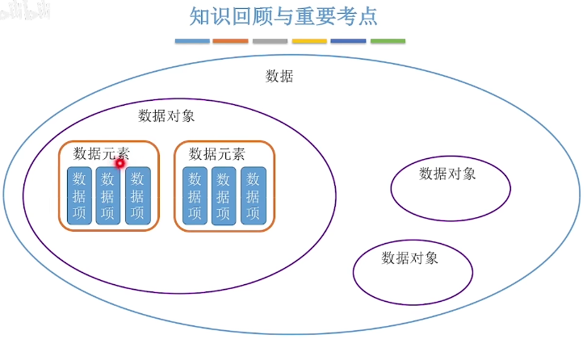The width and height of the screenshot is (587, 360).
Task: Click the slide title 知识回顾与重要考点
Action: (x=283, y=17)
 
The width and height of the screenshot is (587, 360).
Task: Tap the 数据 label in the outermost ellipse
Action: (x=279, y=77)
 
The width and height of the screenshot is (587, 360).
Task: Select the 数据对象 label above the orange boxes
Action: (x=166, y=115)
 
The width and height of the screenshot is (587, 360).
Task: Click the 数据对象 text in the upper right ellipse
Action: (x=447, y=173)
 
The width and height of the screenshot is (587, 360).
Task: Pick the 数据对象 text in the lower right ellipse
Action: (x=409, y=258)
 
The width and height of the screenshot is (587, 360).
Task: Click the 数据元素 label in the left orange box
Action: (x=101, y=153)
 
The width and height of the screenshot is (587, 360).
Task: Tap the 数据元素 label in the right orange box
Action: (x=216, y=153)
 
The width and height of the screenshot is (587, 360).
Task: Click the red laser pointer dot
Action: (x=119, y=164)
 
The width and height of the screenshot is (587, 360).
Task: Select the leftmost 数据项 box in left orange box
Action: (x=79, y=195)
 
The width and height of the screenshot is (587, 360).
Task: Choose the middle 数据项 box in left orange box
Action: (x=108, y=195)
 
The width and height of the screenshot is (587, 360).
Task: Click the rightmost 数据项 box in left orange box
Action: (x=137, y=195)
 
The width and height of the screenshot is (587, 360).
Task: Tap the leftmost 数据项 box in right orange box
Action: (x=195, y=195)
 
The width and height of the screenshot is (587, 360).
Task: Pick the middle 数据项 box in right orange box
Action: (x=224, y=195)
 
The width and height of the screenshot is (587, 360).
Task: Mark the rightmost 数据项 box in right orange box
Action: (x=253, y=195)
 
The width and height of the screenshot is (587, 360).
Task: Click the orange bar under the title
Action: (x=230, y=40)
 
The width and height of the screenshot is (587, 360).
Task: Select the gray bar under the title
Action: (x=270, y=40)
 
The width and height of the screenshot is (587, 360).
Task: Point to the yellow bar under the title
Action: (x=309, y=40)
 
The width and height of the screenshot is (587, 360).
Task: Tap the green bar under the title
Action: (x=388, y=40)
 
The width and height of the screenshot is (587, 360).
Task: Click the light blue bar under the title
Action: (x=191, y=40)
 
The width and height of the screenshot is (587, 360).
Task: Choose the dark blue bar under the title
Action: (x=348, y=40)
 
